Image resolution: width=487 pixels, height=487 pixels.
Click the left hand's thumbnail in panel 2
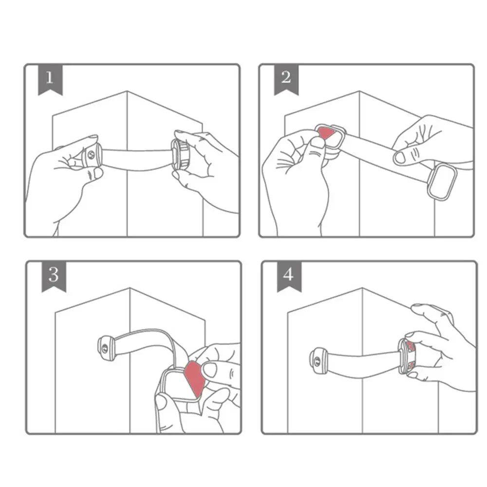pos(318,142)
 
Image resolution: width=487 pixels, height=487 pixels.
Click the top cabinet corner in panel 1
pos(127,91)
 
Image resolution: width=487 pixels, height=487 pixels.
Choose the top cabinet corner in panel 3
pos(130,288)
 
